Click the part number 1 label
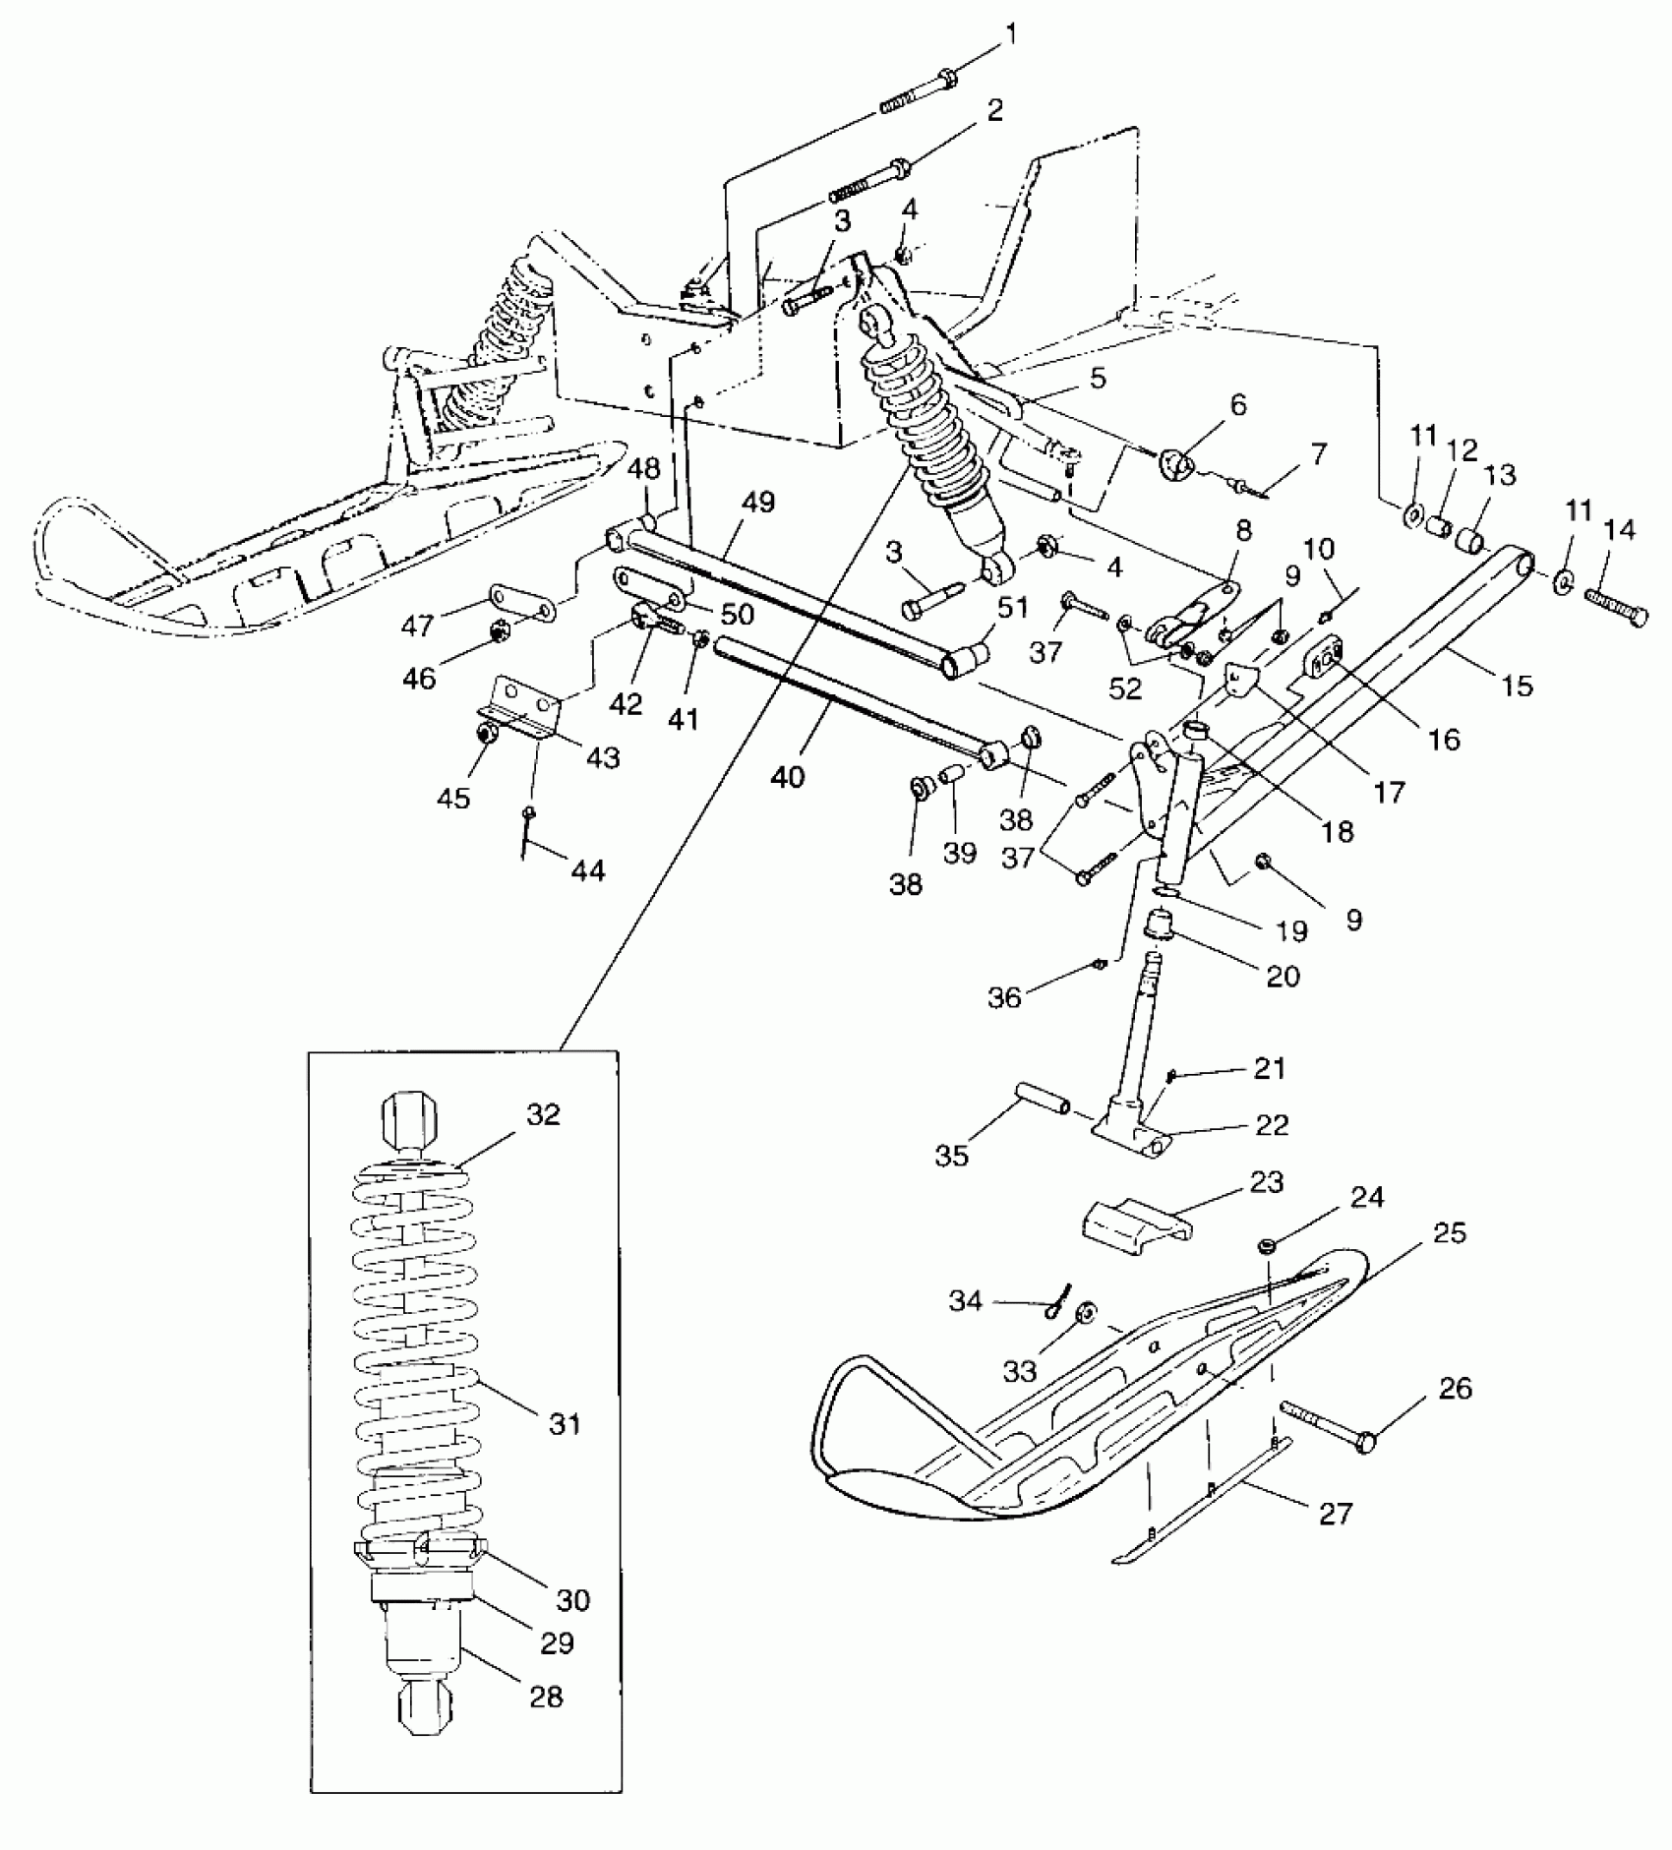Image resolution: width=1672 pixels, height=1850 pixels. click(1012, 36)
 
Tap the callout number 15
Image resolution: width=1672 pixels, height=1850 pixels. click(1519, 685)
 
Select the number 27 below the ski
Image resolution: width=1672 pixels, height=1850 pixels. click(1335, 1513)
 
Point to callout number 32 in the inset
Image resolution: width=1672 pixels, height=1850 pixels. click(542, 1114)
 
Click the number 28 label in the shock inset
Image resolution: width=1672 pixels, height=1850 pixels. click(546, 1697)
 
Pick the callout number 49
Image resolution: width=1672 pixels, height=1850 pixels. click(758, 503)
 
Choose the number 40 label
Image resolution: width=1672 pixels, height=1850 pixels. click(787, 777)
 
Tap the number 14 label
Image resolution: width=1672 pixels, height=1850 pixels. click(1618, 530)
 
